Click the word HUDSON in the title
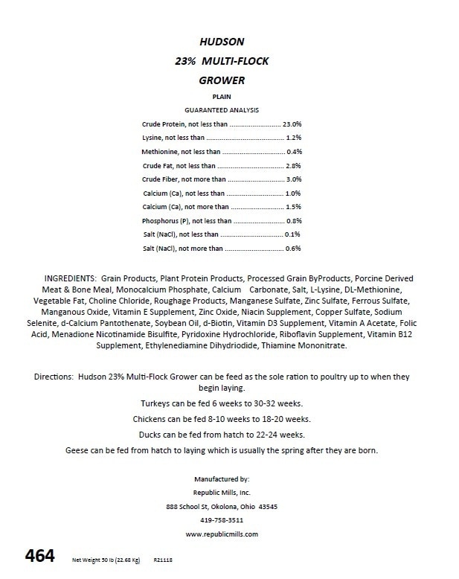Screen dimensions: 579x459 (x=228, y=42)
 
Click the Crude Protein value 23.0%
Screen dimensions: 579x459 (x=292, y=124)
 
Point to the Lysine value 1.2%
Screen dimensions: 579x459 (x=294, y=138)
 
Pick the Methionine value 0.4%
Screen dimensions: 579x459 (x=294, y=151)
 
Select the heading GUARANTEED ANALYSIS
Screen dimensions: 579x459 (x=222, y=109)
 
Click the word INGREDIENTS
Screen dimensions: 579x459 (x=71, y=278)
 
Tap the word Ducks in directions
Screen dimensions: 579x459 (x=151, y=435)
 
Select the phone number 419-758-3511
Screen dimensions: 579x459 (x=222, y=519)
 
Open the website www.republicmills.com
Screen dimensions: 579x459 (x=222, y=534)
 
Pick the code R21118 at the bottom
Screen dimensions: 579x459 (x=163, y=560)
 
